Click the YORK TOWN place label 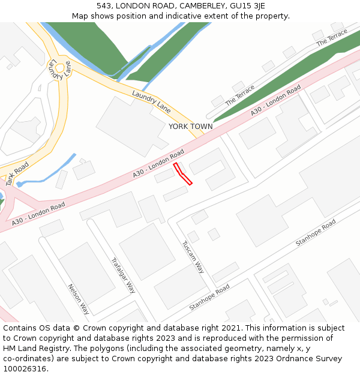(x=190, y=127)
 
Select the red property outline (x=182, y=173)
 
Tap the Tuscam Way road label (x=193, y=257)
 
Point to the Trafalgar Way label (x=123, y=275)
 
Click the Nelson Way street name (x=79, y=299)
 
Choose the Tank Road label (x=17, y=173)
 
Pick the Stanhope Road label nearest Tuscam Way (x=209, y=298)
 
